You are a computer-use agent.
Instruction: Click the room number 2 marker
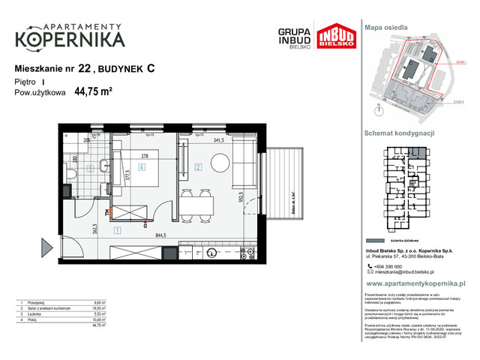199,166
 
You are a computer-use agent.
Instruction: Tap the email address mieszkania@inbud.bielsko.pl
411,274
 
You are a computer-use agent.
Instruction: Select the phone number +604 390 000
394,267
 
